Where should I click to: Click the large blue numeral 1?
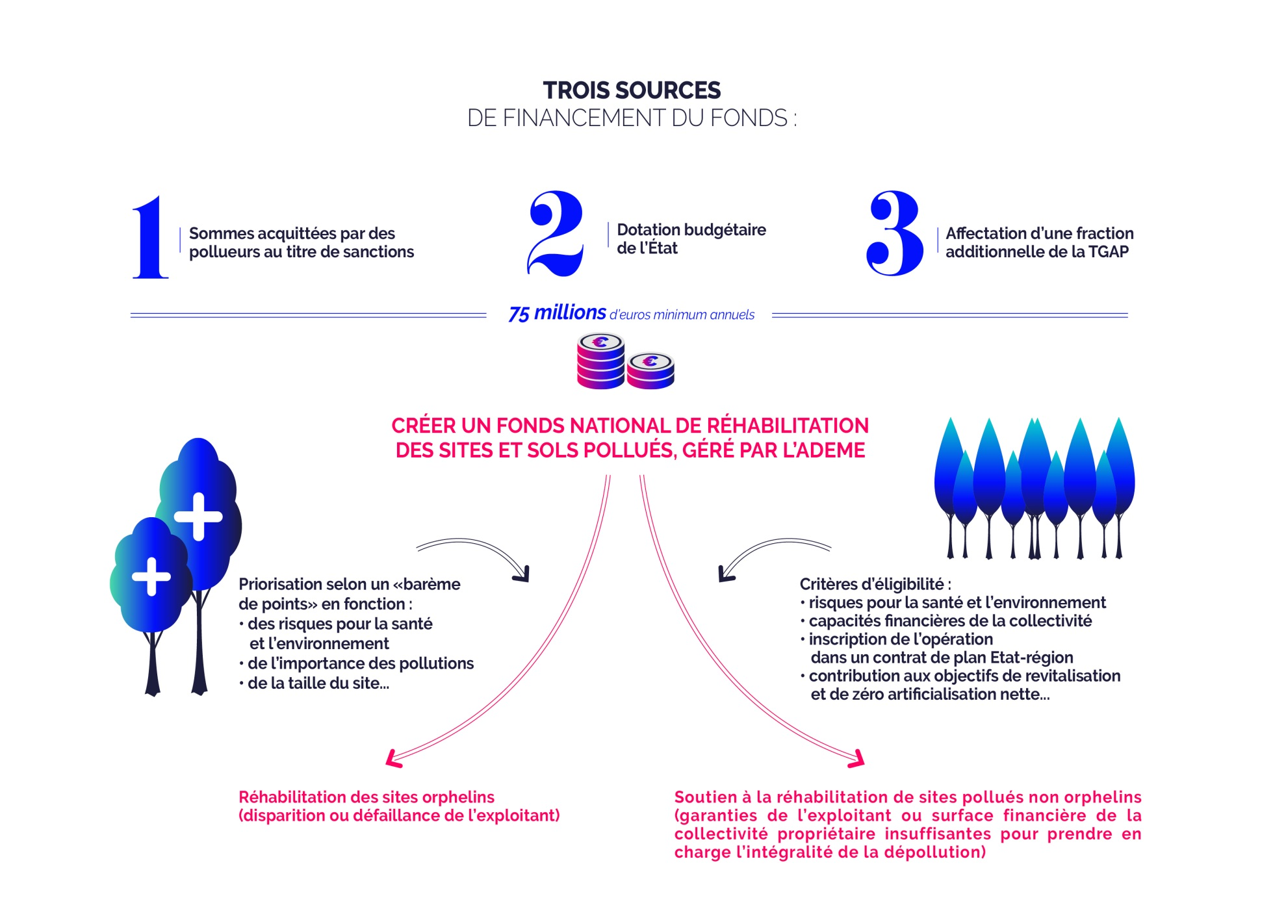click(x=151, y=238)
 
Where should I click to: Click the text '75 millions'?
click(x=557, y=313)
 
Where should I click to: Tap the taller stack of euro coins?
click(x=600, y=361)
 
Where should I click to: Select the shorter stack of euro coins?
click(x=650, y=371)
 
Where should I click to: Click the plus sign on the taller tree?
click(x=199, y=517)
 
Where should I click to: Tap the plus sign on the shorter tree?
click(x=151, y=576)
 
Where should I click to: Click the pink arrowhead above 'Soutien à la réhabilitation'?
click(x=858, y=760)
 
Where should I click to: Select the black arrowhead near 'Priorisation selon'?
click(x=522, y=575)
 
